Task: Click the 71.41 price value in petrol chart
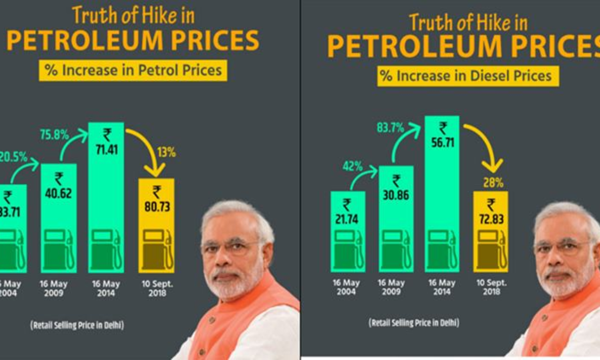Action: pos(106,150)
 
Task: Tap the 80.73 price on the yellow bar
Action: pos(157,206)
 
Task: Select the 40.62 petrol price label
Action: pos(58,194)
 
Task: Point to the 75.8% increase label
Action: pos(54,135)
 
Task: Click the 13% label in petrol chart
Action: pos(166,152)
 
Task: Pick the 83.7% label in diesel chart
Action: pos(390,128)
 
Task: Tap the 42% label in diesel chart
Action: pos(352,166)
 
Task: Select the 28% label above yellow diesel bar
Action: pos(493,183)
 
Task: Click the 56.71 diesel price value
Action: pos(442,142)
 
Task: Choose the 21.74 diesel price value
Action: pos(347,219)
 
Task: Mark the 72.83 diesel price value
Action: pos(491,219)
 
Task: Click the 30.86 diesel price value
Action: pos(396,195)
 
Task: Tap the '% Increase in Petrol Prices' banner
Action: pos(133,70)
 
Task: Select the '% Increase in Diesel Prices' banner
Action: pos(468,76)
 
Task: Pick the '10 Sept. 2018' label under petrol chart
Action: pos(157,288)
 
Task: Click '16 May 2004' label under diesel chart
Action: pos(346,287)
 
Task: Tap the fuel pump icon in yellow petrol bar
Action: pos(157,250)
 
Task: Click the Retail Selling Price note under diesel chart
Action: pos(414,322)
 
